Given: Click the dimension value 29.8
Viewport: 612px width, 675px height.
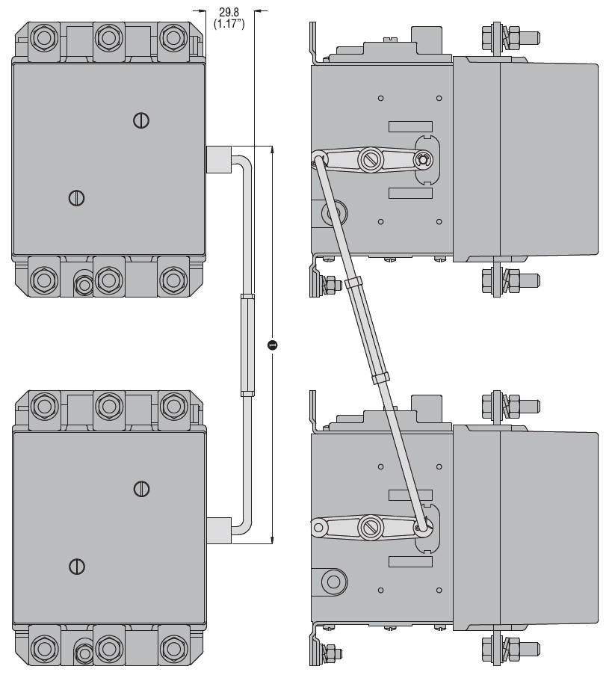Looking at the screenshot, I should click(x=229, y=12).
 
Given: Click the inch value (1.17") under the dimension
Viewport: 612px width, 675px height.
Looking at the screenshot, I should click(x=229, y=24).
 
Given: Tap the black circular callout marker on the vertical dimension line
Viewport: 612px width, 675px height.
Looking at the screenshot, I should click(x=272, y=345).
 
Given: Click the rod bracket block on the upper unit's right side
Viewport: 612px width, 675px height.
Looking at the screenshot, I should click(x=217, y=158).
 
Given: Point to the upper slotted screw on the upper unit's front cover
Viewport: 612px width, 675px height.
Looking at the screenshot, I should click(x=141, y=120).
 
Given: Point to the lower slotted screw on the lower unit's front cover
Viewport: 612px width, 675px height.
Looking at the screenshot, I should click(x=75, y=566).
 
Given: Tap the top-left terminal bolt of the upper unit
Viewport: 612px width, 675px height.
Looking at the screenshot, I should click(x=44, y=37).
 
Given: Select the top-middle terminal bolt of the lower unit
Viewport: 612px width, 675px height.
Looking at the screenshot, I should click(x=109, y=406).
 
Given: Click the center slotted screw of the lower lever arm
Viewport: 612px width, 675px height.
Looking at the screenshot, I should click(x=370, y=526).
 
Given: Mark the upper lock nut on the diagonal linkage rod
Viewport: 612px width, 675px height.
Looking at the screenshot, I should click(x=353, y=282).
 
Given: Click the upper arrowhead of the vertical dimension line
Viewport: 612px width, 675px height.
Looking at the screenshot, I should click(x=272, y=150).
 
